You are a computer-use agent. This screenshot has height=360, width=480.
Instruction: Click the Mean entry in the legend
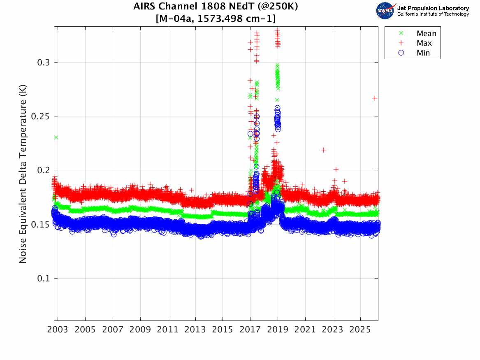pyautogui.click(x=426, y=34)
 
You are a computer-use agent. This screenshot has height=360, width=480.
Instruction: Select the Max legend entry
pyautogui.click(x=424, y=43)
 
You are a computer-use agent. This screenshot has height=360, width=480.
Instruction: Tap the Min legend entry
pyautogui.click(x=423, y=53)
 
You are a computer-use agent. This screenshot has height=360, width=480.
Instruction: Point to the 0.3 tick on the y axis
pyautogui.click(x=44, y=62)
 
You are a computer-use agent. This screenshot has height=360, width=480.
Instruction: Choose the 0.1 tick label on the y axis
pyautogui.click(x=44, y=278)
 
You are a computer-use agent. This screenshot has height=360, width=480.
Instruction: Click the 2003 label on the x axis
pyautogui.click(x=58, y=330)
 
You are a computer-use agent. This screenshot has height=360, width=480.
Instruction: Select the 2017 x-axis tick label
pyautogui.click(x=250, y=330)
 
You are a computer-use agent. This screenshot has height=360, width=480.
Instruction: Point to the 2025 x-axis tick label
pyautogui.click(x=360, y=330)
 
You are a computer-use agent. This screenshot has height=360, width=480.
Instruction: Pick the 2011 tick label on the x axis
pyautogui.click(x=168, y=330)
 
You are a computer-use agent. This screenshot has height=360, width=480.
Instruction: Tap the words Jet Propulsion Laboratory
pyautogui.click(x=433, y=8)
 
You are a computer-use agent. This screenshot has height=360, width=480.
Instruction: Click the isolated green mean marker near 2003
pyautogui.click(x=56, y=137)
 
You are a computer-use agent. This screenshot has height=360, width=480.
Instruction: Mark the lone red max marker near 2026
pyautogui.click(x=375, y=98)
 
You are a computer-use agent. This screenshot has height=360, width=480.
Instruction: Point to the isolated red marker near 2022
pyautogui.click(x=324, y=150)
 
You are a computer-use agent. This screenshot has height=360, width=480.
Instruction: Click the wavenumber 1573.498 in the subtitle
pyautogui.click(x=224, y=19)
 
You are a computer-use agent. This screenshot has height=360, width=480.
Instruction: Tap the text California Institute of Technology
pyautogui.click(x=433, y=14)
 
